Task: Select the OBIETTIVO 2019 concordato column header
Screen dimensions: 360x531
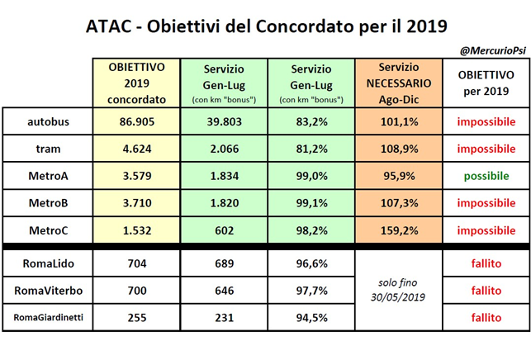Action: pos(136,83)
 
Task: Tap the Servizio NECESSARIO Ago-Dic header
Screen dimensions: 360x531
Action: pos(398,83)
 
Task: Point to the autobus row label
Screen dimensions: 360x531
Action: pos(48,122)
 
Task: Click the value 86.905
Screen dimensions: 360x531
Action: pos(136,122)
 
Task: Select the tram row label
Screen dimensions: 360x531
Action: pos(48,149)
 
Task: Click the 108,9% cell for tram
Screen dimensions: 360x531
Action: pos(398,149)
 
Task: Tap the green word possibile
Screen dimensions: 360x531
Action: pos(486,177)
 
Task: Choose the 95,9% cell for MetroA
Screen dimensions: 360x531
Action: pos(398,177)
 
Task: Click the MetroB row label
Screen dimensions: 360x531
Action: pos(48,203)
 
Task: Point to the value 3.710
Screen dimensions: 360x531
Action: pos(136,203)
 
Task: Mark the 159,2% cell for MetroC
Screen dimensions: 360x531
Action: pos(398,230)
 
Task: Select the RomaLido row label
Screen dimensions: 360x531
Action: pos(48,264)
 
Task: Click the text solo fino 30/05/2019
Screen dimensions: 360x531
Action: pos(398,290)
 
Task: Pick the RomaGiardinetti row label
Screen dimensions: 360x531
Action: pos(48,317)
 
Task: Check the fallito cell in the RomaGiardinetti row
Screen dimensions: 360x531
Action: pos(486,317)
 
